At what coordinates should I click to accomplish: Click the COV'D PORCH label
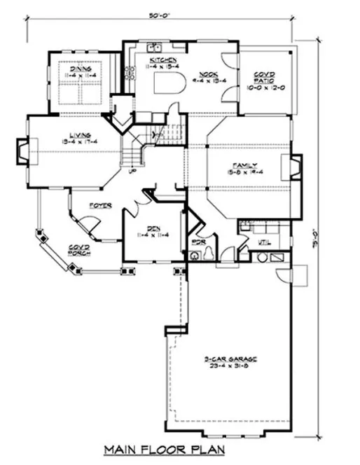pos(78,250)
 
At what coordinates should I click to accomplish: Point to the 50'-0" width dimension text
pos(158,14)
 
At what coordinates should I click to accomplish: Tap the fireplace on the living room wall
pos(22,150)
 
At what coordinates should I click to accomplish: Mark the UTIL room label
pos(264,242)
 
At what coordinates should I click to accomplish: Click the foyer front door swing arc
pos(88,225)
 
